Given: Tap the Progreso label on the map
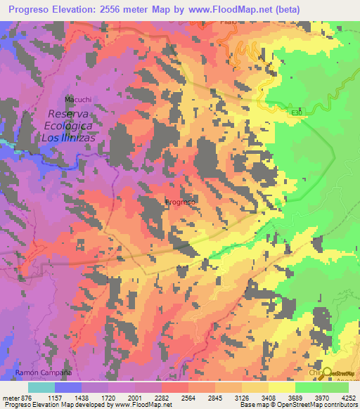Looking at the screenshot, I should pyautogui.click(x=180, y=202).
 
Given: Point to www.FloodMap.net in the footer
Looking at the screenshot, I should pyautogui.click(x=141, y=404).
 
